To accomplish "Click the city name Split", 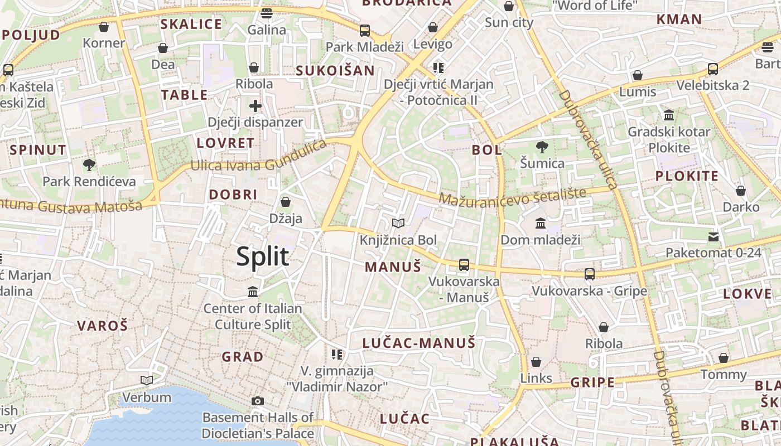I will (x=263, y=256).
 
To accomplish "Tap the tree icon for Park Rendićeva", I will (x=89, y=164).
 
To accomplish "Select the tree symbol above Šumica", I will (x=542, y=147).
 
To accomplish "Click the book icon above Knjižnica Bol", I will (x=398, y=224).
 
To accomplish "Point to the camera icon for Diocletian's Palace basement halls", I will (x=257, y=401).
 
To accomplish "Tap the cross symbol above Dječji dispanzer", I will (x=255, y=106).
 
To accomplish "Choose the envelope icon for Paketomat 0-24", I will (x=713, y=237).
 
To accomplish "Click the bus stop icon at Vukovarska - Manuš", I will (x=464, y=265).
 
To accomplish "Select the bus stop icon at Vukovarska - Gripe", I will (x=589, y=274).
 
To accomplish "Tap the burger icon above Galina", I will (x=267, y=13).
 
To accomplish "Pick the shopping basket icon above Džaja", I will (x=286, y=201).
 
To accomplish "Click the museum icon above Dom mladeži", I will (x=540, y=224).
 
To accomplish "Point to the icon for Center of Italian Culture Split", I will (x=253, y=292).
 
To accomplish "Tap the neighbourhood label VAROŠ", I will (x=102, y=326).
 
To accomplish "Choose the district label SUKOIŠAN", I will (x=335, y=70).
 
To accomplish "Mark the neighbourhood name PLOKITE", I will (x=687, y=176).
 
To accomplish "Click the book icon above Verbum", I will (x=147, y=380).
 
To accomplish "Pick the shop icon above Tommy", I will (x=723, y=357).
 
